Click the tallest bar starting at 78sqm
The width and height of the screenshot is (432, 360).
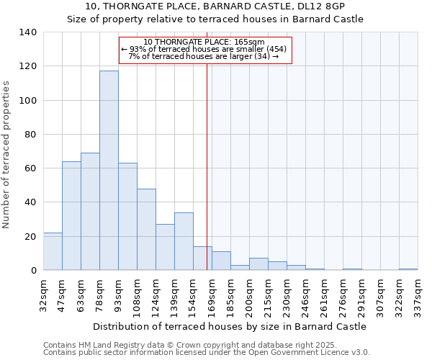point(109,171)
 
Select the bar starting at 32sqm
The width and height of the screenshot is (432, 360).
point(53,251)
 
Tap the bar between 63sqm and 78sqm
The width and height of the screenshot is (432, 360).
point(90,212)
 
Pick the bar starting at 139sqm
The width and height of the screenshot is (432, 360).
point(184,241)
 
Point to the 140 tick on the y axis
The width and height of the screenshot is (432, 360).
point(29,32)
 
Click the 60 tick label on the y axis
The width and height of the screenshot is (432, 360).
point(29,168)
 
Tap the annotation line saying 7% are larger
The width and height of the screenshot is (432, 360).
point(204,56)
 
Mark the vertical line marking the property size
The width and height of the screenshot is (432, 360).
point(207,166)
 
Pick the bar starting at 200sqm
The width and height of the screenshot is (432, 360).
point(258,264)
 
